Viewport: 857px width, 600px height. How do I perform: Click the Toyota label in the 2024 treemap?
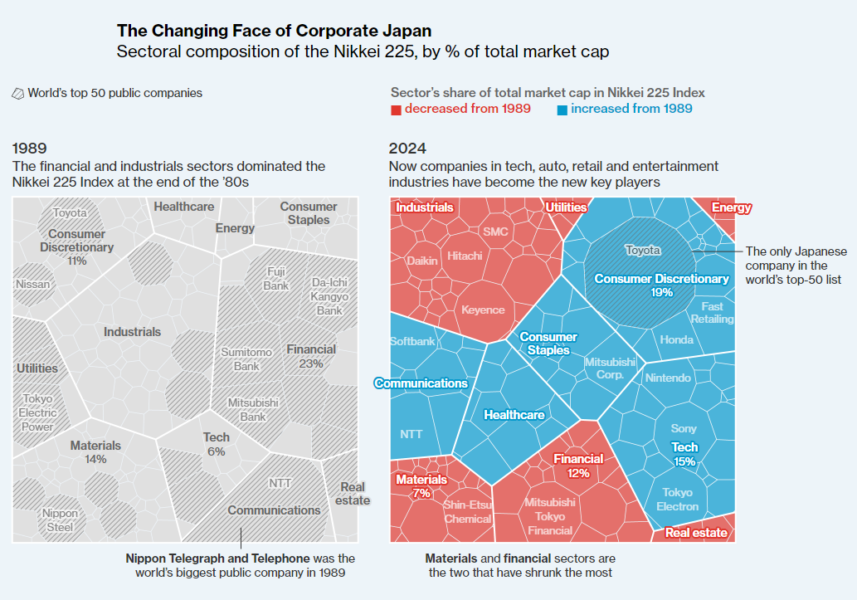tap(643, 250)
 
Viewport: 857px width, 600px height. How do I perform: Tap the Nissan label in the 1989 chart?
tap(32, 284)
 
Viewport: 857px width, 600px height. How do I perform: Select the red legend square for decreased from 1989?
tap(397, 110)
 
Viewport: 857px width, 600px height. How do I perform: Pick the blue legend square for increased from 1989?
tap(562, 110)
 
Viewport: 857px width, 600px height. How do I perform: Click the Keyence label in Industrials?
tap(483, 310)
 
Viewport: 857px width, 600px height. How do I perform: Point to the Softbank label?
tap(412, 341)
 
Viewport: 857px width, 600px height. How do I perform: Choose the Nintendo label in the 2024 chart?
tap(667, 378)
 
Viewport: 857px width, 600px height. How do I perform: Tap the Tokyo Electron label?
tap(677, 500)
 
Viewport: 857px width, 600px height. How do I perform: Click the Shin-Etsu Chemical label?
tap(467, 511)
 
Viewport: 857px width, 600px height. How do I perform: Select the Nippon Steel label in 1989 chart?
tap(60, 520)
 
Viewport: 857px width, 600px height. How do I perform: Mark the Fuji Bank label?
tap(276, 279)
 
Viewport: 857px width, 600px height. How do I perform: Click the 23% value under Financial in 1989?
tap(311, 363)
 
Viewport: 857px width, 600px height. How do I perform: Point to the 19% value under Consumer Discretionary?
tap(662, 292)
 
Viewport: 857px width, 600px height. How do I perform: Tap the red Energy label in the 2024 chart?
tap(731, 208)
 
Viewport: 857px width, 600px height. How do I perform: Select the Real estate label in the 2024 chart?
tap(696, 533)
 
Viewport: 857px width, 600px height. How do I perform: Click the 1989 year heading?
tap(30, 149)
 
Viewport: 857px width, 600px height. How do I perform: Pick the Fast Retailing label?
tap(712, 312)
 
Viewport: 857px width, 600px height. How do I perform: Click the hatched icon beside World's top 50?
tap(18, 94)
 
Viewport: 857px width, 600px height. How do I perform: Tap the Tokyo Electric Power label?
tap(37, 412)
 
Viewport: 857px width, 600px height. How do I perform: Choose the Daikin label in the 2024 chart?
tap(422, 260)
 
